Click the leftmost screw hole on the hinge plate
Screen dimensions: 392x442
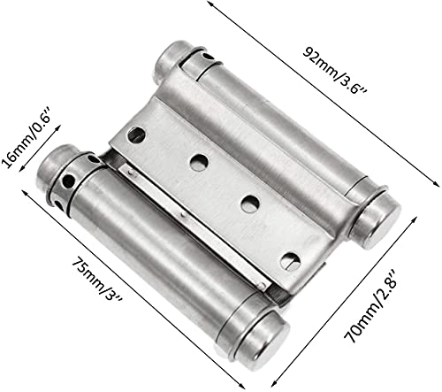point(138,136)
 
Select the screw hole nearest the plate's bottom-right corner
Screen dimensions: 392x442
point(291,260)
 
